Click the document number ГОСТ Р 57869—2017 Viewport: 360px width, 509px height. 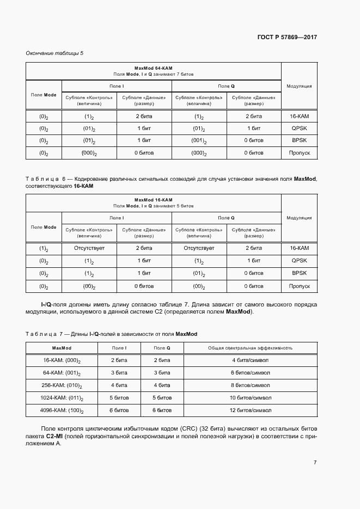pyautogui.click(x=287, y=37)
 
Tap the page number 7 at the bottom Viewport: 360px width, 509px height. pyautogui.click(x=315, y=462)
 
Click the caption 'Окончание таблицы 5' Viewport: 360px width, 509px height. pyautogui.click(x=54, y=53)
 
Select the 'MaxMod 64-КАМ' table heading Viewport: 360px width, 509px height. pyautogui.click(x=153, y=68)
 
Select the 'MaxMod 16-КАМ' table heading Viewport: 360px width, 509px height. pyautogui.click(x=153, y=200)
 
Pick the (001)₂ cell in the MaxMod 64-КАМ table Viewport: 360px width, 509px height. pyautogui.click(x=199, y=140)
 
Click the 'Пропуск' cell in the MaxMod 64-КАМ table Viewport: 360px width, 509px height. pyautogui.click(x=299, y=153)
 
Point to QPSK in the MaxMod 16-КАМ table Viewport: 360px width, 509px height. pyautogui.click(x=299, y=261)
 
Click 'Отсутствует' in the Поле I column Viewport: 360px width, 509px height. pyautogui.click(x=89, y=248)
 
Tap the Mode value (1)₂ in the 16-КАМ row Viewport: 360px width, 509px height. pyautogui.click(x=44, y=248)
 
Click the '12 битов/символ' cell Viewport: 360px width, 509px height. pyautogui.click(x=251, y=410)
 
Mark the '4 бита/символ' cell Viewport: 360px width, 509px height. pyautogui.click(x=251, y=360)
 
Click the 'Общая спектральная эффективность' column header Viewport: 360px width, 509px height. pyautogui.click(x=251, y=347)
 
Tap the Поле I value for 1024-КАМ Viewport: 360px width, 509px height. pyautogui.click(x=119, y=398)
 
